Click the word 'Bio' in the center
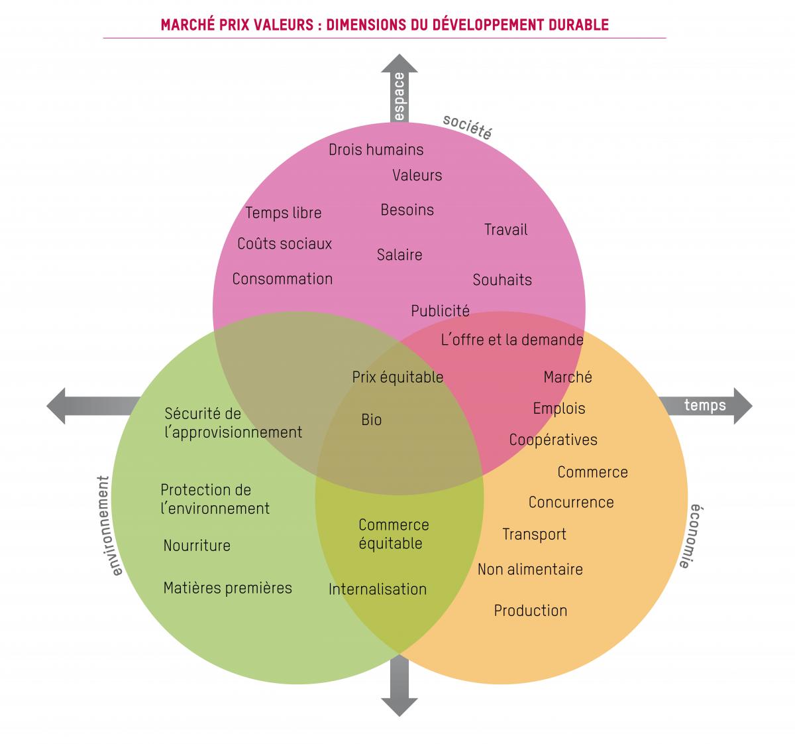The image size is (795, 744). coord(372,420)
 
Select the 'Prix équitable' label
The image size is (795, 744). coord(397,377)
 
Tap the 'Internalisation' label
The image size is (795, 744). coord(378,589)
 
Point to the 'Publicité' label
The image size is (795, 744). coord(440,311)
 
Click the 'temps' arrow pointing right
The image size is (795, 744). coord(705,405)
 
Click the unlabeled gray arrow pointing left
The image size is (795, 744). coord(93,405)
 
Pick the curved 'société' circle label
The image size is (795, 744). coord(468,126)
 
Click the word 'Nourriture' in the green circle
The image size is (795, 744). coord(197,546)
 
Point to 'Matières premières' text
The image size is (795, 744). coord(227,588)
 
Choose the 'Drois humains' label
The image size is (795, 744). coord(376,150)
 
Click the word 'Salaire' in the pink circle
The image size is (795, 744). coord(399,255)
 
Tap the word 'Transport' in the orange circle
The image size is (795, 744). coord(534,534)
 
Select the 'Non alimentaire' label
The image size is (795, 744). coord(530,569)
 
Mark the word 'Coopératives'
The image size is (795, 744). coord(553,440)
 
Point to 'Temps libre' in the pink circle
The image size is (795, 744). coord(284,213)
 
